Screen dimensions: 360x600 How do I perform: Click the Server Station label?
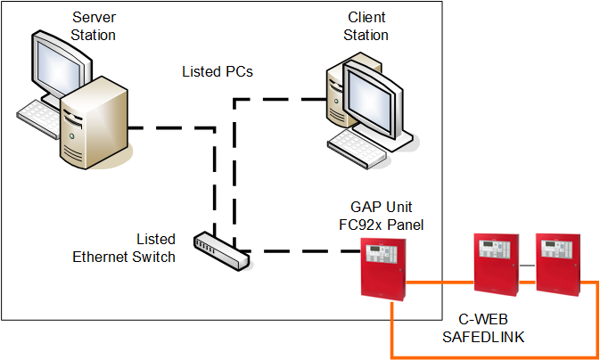click(x=94, y=26)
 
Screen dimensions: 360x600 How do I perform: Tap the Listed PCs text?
click(x=218, y=70)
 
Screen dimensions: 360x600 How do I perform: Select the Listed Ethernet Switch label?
click(x=124, y=249)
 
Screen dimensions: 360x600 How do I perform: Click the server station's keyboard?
click(x=39, y=117)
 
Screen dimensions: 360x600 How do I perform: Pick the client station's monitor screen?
click(x=379, y=99)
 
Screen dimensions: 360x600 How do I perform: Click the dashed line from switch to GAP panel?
click(x=303, y=251)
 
